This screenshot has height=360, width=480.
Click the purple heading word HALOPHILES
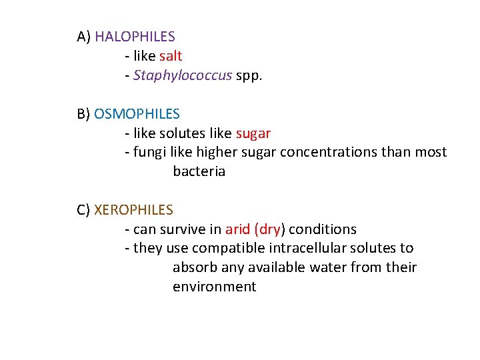tap(135, 37)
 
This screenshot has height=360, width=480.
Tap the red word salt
tap(171, 56)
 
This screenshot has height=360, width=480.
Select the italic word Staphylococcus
tap(183, 75)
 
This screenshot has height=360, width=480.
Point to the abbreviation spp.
tap(249, 76)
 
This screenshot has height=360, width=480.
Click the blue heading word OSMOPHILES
tap(137, 114)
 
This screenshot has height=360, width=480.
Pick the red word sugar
tap(253, 133)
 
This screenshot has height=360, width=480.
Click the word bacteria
tap(199, 171)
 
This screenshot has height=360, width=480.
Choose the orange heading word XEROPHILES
tap(134, 210)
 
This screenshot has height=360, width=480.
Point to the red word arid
tap(237, 229)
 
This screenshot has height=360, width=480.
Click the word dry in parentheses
tap(269, 229)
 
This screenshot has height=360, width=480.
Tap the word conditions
tap(323, 229)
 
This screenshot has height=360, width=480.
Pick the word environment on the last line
tap(214, 287)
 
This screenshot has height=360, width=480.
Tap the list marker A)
tap(84, 37)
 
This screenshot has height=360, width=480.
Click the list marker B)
tap(84, 114)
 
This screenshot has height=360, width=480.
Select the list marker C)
tap(84, 210)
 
